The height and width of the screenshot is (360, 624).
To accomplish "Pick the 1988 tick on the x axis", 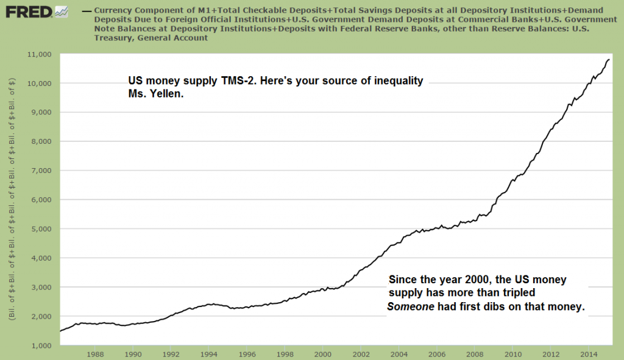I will [x=94, y=353].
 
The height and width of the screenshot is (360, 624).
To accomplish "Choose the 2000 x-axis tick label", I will [x=322, y=353].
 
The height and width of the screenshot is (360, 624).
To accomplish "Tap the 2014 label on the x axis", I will [x=588, y=353].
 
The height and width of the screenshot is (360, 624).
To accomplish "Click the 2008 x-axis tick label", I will [x=474, y=353].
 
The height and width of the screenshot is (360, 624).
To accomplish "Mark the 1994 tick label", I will [x=208, y=353].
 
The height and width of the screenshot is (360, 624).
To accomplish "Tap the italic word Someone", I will [x=411, y=308].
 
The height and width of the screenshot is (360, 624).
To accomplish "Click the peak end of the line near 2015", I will [x=609, y=59].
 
